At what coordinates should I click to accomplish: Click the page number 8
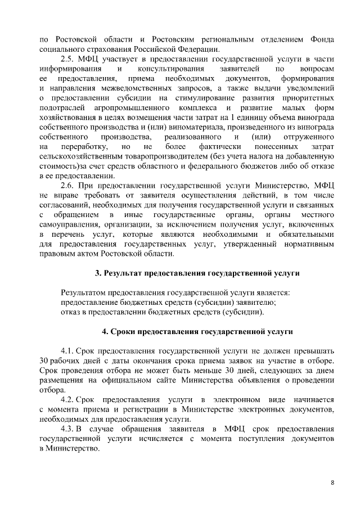332,484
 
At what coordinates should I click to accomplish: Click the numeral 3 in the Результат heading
98,273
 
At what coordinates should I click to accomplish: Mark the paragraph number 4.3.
66,430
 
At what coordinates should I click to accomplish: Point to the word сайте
181,380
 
